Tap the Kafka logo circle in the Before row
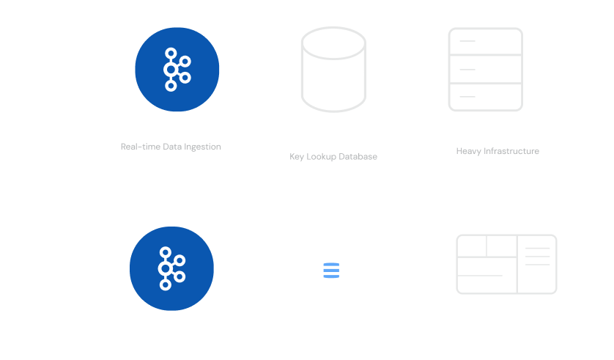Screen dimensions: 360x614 point(177,69)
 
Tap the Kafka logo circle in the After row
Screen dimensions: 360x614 point(171,268)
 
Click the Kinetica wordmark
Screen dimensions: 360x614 point(335,268)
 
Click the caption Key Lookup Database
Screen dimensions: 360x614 point(333,157)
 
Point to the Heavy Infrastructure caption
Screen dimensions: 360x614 point(498,151)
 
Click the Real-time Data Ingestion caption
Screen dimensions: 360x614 point(171,147)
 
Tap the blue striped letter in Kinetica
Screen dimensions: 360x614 point(330,270)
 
